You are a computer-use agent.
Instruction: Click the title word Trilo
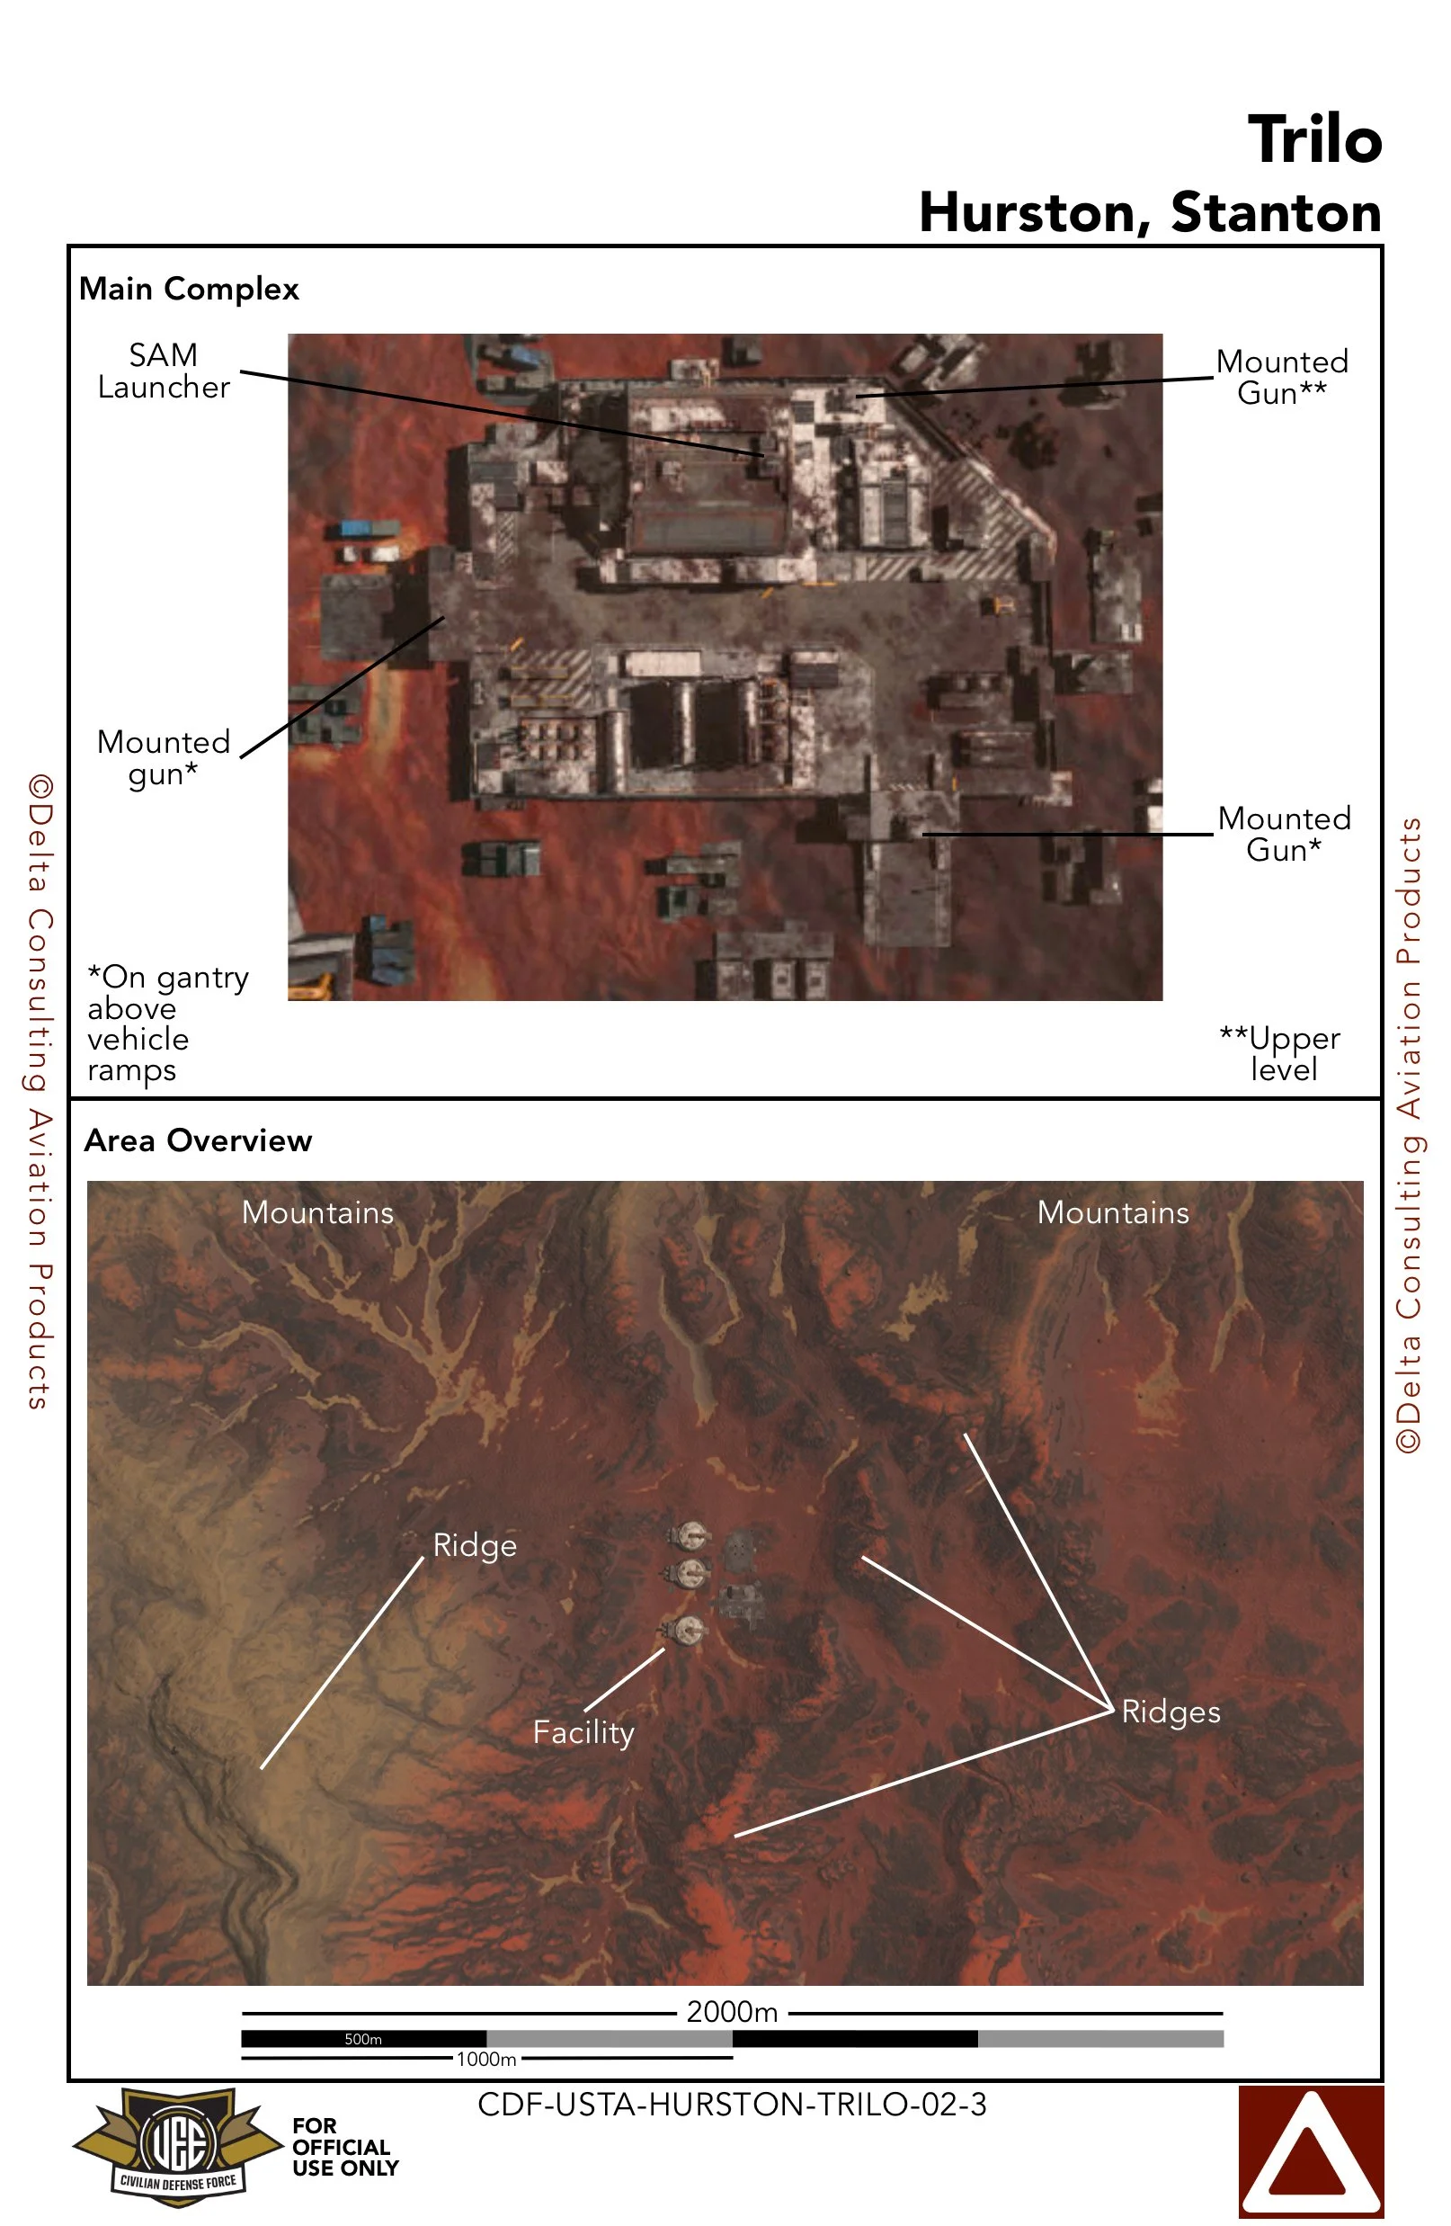[x=1313, y=139]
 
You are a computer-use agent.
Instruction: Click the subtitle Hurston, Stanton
[x=1149, y=212]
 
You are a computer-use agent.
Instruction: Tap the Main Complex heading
[x=189, y=289]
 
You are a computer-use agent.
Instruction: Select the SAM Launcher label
[x=164, y=371]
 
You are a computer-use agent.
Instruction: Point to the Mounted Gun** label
[x=1281, y=377]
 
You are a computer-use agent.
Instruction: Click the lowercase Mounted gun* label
[x=164, y=757]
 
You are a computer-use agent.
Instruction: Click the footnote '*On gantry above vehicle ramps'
[x=167, y=1024]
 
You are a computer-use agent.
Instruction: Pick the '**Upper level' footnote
[x=1280, y=1053]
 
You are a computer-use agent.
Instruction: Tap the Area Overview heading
[x=198, y=1141]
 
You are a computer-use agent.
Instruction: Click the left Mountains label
[x=318, y=1213]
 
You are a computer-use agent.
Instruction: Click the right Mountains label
[x=1113, y=1213]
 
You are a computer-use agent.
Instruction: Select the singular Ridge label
[x=475, y=1546]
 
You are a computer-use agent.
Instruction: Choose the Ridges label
[x=1171, y=1712]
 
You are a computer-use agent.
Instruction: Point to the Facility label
[x=583, y=1733]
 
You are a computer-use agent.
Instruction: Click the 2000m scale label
[x=732, y=2012]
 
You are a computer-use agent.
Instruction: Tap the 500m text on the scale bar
[x=363, y=2039]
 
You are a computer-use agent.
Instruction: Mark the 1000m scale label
[x=486, y=2059]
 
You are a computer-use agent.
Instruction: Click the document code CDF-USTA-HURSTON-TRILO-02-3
[x=732, y=2105]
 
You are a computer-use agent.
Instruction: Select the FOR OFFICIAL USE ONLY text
[x=345, y=2148]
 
